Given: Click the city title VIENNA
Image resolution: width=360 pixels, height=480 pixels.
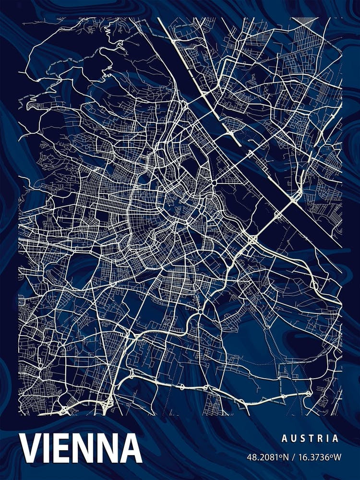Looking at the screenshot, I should tap(81, 448).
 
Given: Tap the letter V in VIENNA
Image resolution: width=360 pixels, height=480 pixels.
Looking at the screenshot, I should tap(32, 448).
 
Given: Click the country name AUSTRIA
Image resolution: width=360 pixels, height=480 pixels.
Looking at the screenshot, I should tap(310, 438).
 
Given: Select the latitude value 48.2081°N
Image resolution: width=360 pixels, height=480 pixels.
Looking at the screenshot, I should tap(268, 457).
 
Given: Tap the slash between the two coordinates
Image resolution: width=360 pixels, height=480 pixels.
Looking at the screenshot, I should tap(292, 457).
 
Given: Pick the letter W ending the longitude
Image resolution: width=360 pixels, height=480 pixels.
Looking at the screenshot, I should tap(336, 457).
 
